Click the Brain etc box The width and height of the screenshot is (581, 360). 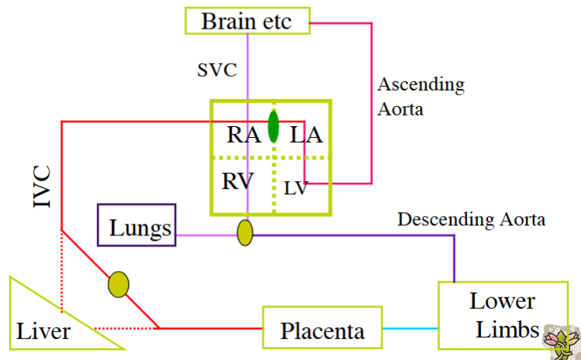click(246, 20)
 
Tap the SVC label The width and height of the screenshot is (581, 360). click(217, 70)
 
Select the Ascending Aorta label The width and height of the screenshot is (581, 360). click(421, 96)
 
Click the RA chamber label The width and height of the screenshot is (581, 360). click(244, 135)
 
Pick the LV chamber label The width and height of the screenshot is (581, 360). click(294, 187)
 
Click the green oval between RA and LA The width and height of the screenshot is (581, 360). click(273, 126)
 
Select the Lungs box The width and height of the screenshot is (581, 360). click(137, 228)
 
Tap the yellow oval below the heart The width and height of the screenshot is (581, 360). click(245, 232)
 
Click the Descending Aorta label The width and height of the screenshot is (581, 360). click(471, 220)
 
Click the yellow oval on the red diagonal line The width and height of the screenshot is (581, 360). click(119, 284)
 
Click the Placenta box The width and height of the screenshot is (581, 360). click(323, 330)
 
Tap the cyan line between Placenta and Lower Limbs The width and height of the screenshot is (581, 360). click(411, 329)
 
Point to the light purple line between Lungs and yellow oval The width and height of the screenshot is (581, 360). click(205, 234)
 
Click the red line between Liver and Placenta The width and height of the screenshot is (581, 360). click(209, 328)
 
